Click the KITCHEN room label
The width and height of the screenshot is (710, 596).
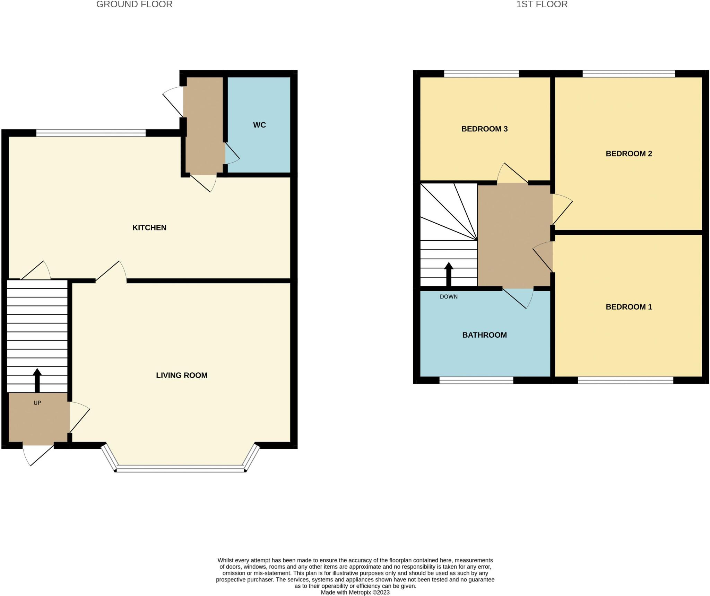149,227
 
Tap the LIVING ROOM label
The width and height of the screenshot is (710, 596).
182,375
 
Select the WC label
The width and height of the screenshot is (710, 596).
259,125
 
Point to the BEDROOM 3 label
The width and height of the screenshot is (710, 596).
484,129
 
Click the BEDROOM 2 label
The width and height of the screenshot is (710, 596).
629,154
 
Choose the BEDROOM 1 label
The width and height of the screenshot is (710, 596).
629,307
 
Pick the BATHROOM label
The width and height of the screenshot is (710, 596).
484,335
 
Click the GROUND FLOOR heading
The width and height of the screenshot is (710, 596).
134,5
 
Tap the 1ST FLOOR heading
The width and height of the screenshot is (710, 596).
542,5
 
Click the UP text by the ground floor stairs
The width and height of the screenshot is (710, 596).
37,403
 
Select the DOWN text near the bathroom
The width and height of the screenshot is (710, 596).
449,297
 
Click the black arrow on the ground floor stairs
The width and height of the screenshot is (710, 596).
37,380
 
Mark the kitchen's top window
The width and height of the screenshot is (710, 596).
91,133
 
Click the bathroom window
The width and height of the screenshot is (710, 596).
476,380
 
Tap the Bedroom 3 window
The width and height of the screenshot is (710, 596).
481,74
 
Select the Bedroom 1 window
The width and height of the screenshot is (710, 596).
625,380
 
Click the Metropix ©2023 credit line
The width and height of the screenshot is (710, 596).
355,593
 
